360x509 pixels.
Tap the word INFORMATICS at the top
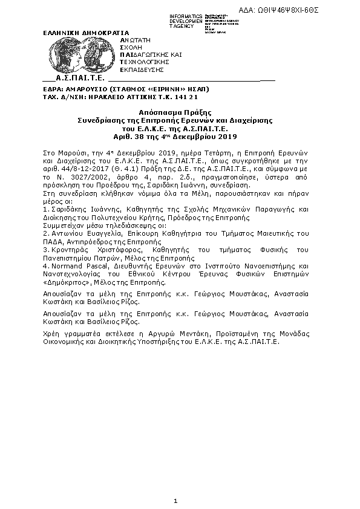(x=186, y=16)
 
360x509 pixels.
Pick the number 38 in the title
(x=169, y=137)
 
